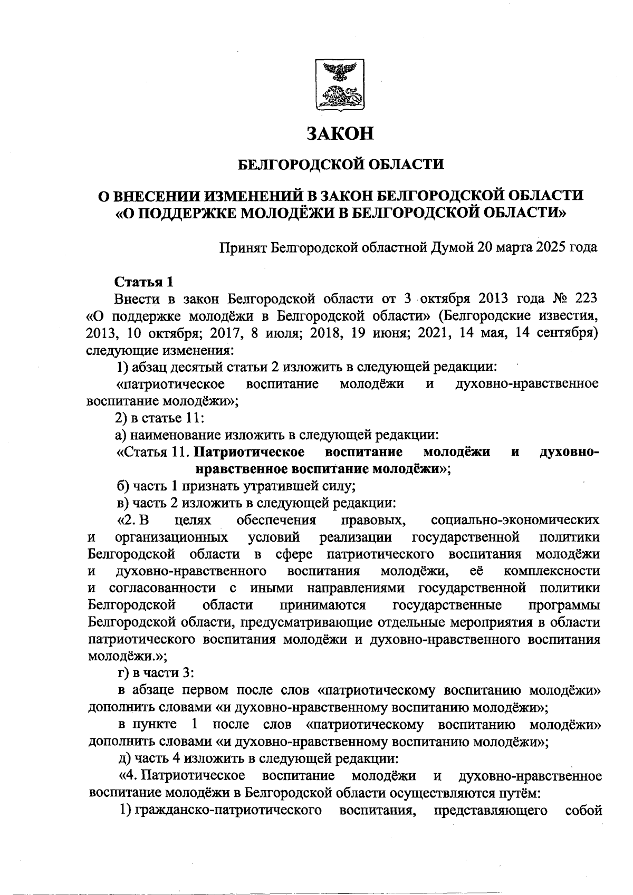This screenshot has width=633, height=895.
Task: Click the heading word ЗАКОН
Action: point(341,133)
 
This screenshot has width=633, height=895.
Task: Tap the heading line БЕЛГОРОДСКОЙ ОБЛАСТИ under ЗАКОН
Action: point(340,165)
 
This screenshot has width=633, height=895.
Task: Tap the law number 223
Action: point(586,298)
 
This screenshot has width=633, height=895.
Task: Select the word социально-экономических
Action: point(515,521)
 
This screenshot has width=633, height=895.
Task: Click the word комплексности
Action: point(552,571)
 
